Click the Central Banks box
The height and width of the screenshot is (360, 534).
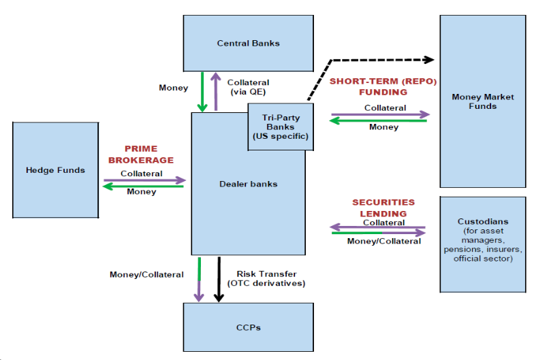click(x=248, y=43)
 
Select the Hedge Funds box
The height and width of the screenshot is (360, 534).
click(x=55, y=169)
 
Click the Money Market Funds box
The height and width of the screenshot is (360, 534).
click(x=483, y=101)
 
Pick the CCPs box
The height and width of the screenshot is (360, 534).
click(x=248, y=327)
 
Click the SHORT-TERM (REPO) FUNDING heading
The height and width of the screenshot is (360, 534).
click(x=383, y=86)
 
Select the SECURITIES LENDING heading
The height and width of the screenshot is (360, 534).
click(x=383, y=208)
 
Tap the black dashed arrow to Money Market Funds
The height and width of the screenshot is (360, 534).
click(x=381, y=59)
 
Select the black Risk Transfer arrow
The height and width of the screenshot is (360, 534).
click(x=219, y=279)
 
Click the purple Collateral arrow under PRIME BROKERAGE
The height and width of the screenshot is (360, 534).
click(x=144, y=180)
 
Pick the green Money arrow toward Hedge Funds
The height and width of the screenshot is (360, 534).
click(x=144, y=186)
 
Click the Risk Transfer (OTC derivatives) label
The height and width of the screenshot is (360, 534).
click(x=270, y=278)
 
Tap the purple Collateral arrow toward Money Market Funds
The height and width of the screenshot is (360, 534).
click(x=381, y=114)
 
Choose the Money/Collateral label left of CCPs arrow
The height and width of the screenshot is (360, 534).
click(x=146, y=274)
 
